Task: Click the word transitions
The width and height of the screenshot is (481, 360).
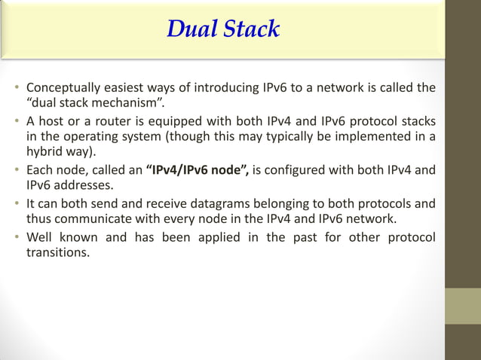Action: tap(58, 252)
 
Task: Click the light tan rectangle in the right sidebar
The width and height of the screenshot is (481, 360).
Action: tap(463, 306)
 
